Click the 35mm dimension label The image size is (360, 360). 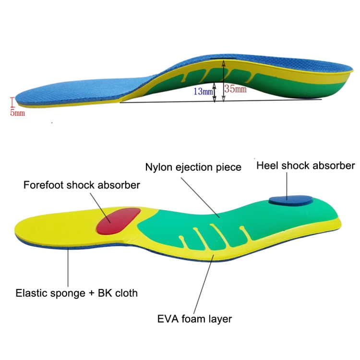236,89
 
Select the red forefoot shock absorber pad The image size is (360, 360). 119,220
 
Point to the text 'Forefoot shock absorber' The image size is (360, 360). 82,185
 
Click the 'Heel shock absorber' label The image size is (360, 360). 306,166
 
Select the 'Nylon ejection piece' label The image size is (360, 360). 193,167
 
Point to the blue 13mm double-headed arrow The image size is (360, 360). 215,91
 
